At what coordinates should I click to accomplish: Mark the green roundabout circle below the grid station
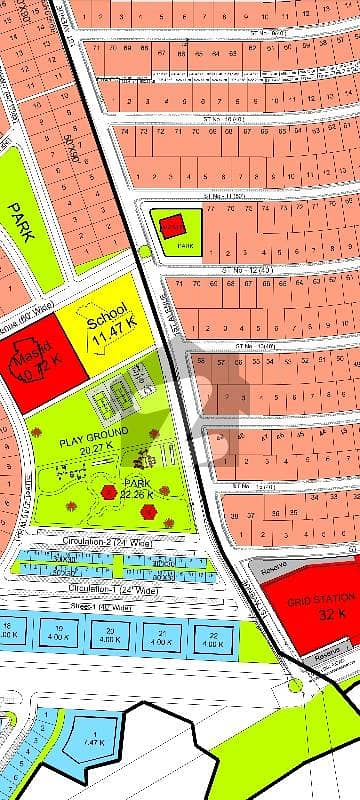[294, 686]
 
